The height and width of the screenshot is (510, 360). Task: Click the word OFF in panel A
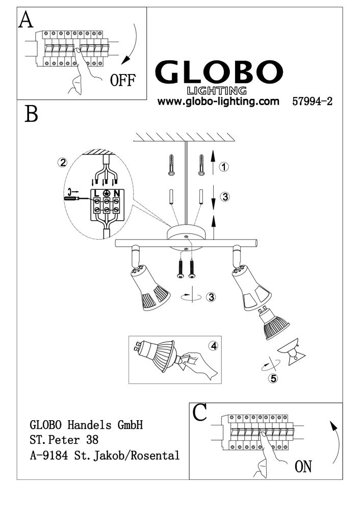(122, 80)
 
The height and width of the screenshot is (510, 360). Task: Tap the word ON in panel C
(303, 467)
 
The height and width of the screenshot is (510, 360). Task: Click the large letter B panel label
(31, 114)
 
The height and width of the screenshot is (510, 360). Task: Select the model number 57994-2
(312, 101)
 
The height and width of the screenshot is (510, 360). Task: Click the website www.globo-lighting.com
(218, 101)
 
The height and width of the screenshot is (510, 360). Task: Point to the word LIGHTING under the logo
(217, 91)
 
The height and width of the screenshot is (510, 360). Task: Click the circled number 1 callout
(224, 167)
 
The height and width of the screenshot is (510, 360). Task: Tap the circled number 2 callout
(62, 162)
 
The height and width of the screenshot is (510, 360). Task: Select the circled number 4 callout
(214, 346)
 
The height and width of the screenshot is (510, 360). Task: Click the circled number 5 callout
(273, 378)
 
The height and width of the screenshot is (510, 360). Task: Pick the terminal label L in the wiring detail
(96, 193)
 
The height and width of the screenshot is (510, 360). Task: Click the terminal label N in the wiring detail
(116, 193)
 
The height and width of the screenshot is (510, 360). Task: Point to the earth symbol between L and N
(107, 193)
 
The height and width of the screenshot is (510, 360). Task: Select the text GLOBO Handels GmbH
(86, 425)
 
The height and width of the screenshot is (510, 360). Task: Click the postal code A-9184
(49, 455)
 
